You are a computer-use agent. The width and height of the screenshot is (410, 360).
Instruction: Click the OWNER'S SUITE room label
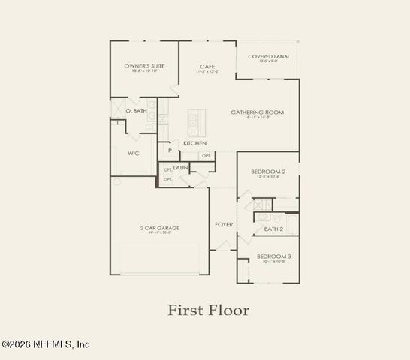[144, 66]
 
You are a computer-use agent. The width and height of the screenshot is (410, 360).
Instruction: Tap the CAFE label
[208, 66]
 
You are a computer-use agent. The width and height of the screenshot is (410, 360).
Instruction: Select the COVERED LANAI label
[268, 56]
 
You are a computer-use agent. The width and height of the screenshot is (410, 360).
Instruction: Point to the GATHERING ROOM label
[257, 112]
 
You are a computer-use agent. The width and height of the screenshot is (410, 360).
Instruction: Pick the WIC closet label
[134, 153]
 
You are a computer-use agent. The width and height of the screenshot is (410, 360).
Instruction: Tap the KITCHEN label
[195, 143]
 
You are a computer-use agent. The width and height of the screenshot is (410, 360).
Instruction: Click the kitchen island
[197, 121]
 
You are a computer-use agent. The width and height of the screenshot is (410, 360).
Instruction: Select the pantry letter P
[170, 151]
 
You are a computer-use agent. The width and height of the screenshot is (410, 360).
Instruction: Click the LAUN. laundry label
[181, 168]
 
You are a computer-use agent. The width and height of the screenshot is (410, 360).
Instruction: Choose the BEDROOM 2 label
[268, 172]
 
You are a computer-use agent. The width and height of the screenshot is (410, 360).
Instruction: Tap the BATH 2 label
[273, 229]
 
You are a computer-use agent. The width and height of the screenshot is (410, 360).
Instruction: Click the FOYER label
[224, 225]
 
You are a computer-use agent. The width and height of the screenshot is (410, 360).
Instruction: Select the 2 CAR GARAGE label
[159, 228]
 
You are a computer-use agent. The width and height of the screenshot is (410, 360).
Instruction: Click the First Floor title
[208, 309]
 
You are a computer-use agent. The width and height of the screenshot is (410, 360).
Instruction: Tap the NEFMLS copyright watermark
[45, 344]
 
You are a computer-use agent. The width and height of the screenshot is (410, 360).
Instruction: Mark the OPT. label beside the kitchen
[206, 156]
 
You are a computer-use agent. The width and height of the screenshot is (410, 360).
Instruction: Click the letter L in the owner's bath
[119, 122]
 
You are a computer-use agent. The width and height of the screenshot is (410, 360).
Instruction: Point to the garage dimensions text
[159, 233]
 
